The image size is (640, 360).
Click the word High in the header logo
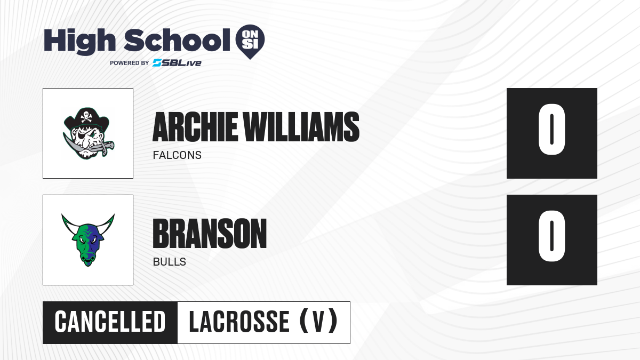pos(79,41)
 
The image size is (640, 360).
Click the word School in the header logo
pos(177,40)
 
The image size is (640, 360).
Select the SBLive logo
pos(177,63)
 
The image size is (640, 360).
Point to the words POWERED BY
pos(130,63)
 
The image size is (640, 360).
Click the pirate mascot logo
pos(88,133)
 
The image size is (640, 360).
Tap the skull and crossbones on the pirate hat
pos(86,117)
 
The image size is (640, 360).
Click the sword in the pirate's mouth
pos(89,146)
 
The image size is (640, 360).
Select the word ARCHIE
pos(195,127)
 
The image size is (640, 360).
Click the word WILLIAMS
pos(301,127)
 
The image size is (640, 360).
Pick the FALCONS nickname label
pos(177,155)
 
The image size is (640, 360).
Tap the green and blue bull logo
pos(88,240)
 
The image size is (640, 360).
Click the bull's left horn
pos(70,225)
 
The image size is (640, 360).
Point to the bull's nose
pos(87,258)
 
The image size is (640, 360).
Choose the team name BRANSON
pos(210,234)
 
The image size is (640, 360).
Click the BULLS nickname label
pos(170,262)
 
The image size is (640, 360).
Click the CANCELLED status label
pos(110,322)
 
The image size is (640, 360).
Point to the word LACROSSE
pos(239,322)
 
